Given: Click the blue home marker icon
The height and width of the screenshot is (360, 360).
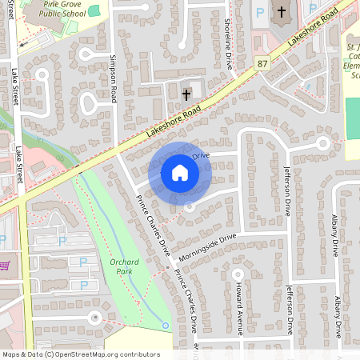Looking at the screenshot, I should pos(179,173).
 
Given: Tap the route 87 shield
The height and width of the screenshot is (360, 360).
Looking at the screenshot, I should pos(262,63).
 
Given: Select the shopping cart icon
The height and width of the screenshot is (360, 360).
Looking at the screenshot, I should pos(5,265).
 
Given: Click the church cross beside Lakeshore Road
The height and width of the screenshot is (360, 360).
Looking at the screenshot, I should pos(186,94).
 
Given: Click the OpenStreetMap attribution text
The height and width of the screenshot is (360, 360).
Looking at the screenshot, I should pos(80,354).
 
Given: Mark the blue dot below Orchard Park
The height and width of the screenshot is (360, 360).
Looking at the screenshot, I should pos(165,325).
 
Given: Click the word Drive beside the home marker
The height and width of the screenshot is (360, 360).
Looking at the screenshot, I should pos(201,155).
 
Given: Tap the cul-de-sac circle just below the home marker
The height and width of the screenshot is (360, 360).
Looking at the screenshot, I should pos(189,206).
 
